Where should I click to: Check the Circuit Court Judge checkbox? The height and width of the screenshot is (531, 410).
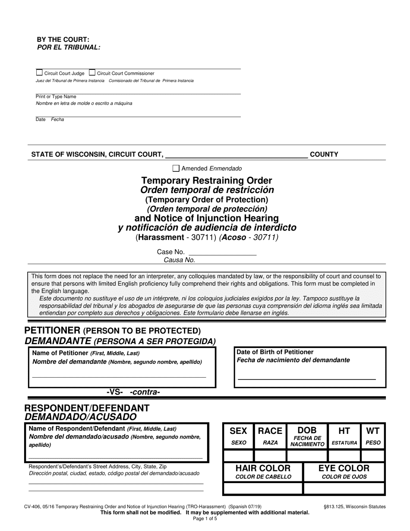(x=39, y=73)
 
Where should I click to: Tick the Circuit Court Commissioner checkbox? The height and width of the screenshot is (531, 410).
(x=92, y=73)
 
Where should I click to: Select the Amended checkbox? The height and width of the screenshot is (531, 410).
(x=176, y=168)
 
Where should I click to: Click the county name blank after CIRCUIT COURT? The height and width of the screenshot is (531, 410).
(x=237, y=155)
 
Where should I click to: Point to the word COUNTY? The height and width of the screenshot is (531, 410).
(x=324, y=154)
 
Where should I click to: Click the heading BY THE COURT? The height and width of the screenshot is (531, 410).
(x=63, y=40)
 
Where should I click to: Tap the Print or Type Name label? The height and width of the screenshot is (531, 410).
(x=56, y=97)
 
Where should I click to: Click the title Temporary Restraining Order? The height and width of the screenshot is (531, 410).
(x=207, y=180)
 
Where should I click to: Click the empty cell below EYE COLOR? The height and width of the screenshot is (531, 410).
(x=344, y=488)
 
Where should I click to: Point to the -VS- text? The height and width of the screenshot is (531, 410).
(x=115, y=392)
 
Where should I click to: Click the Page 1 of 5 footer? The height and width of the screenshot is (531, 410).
(x=205, y=519)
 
